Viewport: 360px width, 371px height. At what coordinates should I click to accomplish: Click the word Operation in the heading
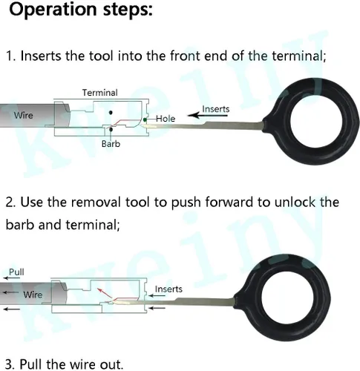[x=53, y=10]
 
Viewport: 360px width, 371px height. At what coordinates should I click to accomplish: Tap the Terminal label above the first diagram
[x=100, y=93]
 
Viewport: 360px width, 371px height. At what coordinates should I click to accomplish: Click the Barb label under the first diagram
[x=111, y=144]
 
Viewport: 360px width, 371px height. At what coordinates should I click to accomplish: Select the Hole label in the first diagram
[x=166, y=119]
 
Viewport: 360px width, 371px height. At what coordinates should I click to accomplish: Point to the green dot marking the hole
[x=145, y=120]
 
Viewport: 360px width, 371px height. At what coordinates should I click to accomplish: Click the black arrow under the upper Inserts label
[x=208, y=115]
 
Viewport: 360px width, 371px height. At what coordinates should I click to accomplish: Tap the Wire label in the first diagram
[x=24, y=115]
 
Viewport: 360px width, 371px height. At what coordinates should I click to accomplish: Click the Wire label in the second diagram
[x=33, y=295]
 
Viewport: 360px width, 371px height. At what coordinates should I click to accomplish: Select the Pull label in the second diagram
[x=16, y=272]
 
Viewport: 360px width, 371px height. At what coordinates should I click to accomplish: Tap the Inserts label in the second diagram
[x=168, y=289]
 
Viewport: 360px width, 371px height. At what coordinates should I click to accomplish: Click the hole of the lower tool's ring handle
[x=287, y=298]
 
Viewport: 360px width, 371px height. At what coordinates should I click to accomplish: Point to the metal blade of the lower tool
[x=173, y=302]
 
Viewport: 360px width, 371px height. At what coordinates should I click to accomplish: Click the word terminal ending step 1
[x=297, y=56]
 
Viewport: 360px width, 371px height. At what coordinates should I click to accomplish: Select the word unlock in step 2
[x=295, y=202]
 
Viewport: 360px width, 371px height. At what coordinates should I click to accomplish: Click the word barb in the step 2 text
[x=19, y=225]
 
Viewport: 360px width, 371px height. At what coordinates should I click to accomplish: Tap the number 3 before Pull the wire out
[x=9, y=364]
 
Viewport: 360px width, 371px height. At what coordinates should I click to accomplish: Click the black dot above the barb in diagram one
[x=111, y=113]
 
